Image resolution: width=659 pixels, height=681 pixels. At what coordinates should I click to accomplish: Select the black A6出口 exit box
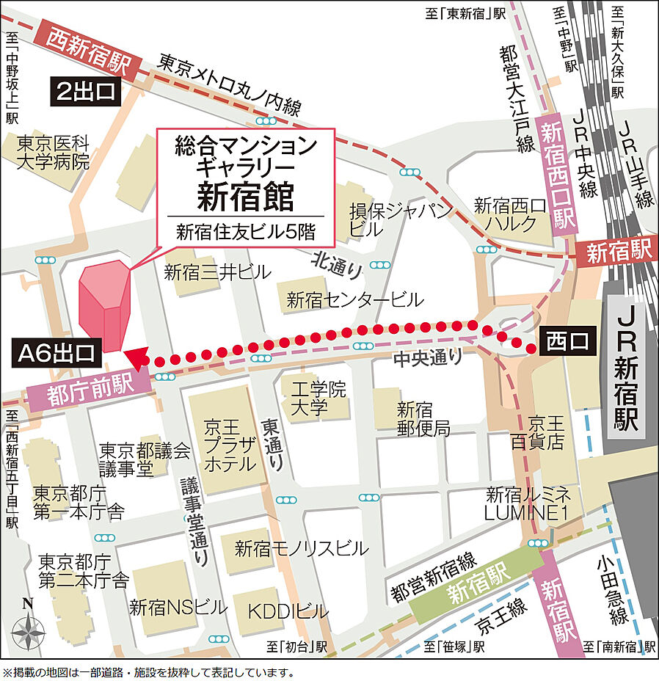(x=56, y=354)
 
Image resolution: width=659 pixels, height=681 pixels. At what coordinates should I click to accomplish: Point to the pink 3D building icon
(x=102, y=305)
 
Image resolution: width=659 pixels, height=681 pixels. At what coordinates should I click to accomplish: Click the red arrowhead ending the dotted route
(x=135, y=357)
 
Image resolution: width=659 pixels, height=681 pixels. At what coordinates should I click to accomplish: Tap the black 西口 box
(x=567, y=340)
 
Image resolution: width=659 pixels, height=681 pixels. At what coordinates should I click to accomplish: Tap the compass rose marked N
(x=27, y=628)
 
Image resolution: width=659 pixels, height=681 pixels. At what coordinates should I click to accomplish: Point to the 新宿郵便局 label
(x=423, y=419)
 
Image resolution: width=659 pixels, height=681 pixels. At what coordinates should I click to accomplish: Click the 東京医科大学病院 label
(x=54, y=152)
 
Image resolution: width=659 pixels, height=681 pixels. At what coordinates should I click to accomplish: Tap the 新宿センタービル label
(x=354, y=299)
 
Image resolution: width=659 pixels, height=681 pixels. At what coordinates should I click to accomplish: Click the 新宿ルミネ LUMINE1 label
(x=526, y=503)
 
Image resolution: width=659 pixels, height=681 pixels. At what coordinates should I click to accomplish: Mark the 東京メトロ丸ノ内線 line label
(x=230, y=85)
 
